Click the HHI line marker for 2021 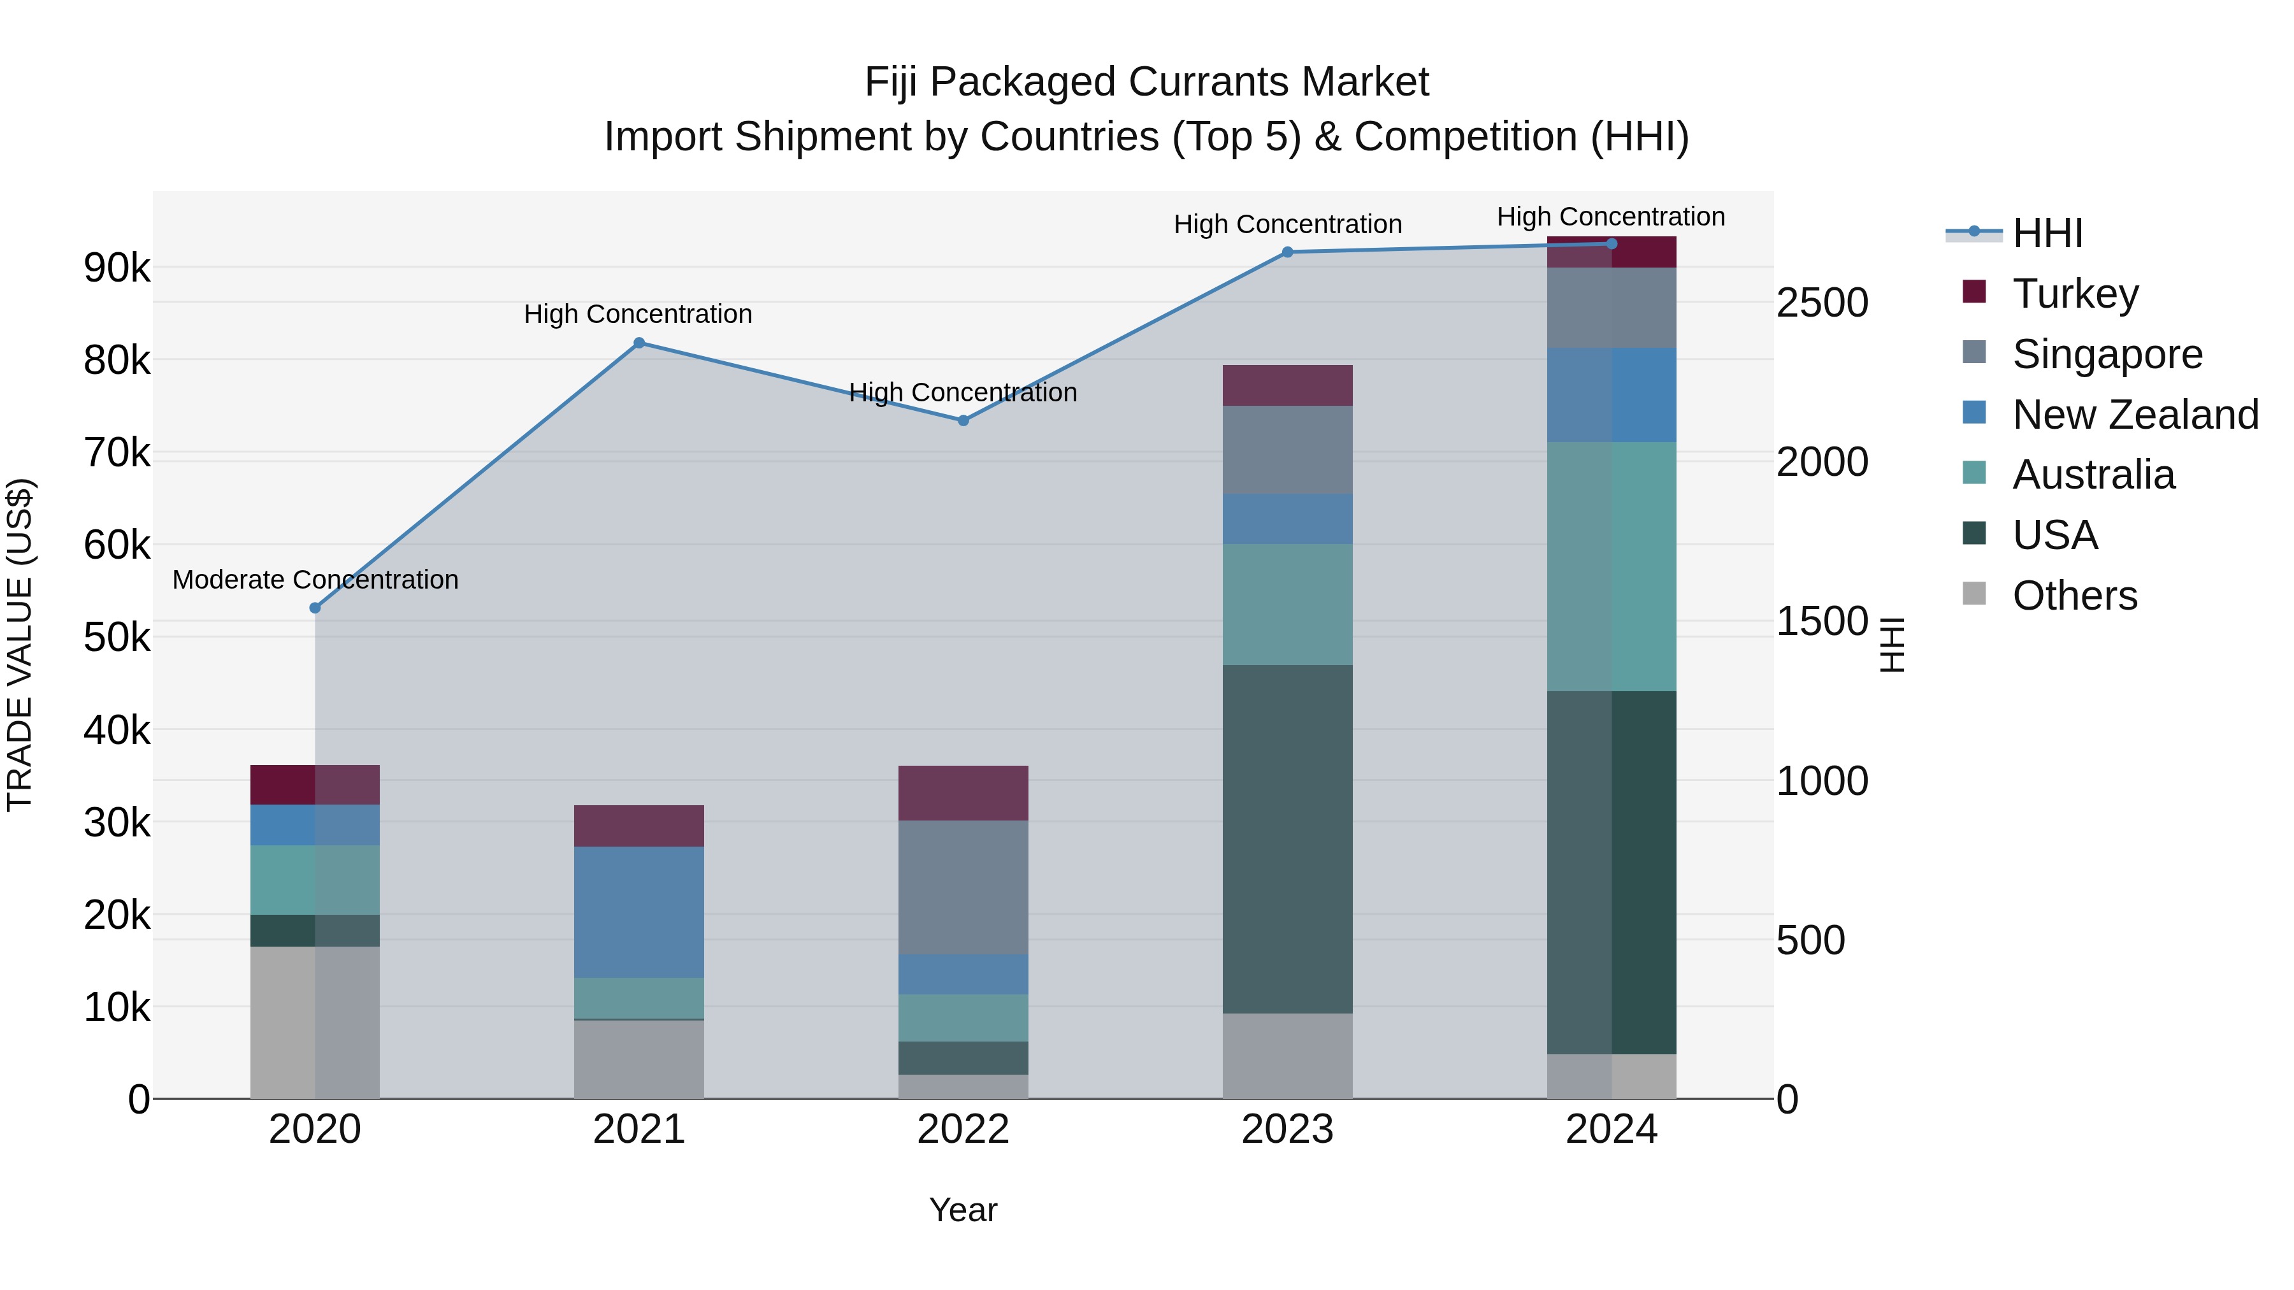638,343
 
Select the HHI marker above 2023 1287,252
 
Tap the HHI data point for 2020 314,608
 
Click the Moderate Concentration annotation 315,580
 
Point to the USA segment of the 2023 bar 1287,838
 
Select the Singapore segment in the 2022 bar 963,887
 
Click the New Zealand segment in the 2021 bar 638,912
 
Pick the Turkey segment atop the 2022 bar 963,792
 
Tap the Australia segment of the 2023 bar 1287,604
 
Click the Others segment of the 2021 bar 638,1059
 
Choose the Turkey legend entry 2075,294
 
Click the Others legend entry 2075,596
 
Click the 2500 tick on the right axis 1822,303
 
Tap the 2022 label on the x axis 963,1129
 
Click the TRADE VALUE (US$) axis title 20,645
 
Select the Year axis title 963,1210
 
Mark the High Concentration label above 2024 1610,217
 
